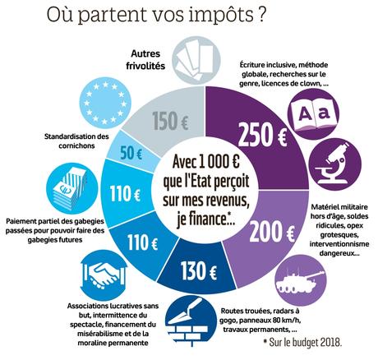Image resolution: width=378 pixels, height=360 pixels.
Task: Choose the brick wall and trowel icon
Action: [x=187, y=325]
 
